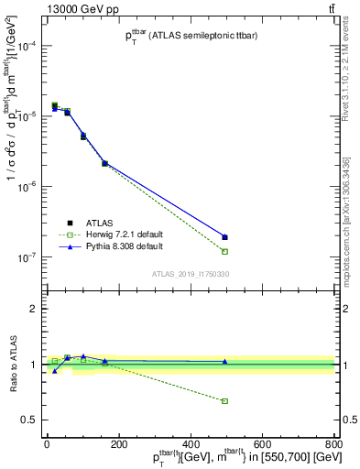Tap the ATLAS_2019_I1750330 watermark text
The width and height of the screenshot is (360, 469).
point(191,274)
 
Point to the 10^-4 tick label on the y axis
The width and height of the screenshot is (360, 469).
point(27,46)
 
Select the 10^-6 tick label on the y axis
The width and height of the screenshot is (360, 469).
point(27,187)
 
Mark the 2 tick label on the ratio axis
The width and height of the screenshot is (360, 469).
point(34,309)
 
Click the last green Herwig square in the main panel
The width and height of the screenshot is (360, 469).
point(224,251)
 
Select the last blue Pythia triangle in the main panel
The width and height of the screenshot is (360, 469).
point(224,237)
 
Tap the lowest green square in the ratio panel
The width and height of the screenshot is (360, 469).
point(224,401)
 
